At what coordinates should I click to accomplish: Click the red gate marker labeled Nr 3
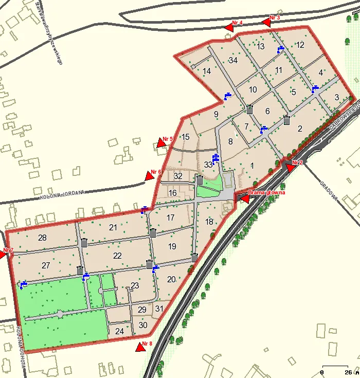coord(266,22)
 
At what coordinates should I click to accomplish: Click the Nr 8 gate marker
coord(140,348)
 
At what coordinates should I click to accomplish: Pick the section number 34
coord(233,61)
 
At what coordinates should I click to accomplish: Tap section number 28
coord(42,238)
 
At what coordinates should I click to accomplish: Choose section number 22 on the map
coord(117,256)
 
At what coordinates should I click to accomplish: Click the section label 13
coord(261,47)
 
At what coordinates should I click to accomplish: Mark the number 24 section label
coord(119,332)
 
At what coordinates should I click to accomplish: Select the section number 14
coord(207,71)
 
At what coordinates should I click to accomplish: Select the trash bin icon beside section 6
coord(250,109)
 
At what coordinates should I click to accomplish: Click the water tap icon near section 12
coord(280,49)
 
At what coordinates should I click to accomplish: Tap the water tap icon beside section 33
coord(216,157)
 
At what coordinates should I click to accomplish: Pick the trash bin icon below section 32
coord(200,179)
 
